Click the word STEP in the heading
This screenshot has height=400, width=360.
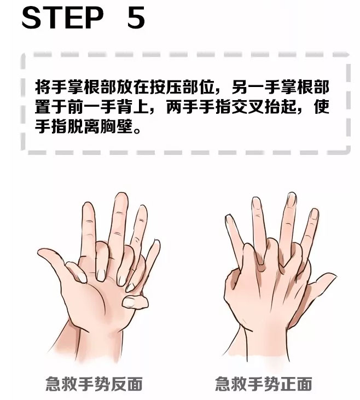click(63, 18)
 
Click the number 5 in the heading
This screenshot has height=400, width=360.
click(136, 18)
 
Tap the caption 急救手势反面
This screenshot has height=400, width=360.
click(94, 384)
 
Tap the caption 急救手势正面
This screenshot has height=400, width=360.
click(264, 384)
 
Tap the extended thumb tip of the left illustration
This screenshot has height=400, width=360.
click(41, 252)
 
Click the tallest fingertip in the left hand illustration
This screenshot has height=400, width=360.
click(121, 196)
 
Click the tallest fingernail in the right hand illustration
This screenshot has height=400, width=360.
click(291, 199)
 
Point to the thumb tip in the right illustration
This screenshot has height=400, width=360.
click(330, 276)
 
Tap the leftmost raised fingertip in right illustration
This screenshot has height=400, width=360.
click(228, 218)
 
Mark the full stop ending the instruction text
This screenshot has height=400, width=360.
click(137, 130)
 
